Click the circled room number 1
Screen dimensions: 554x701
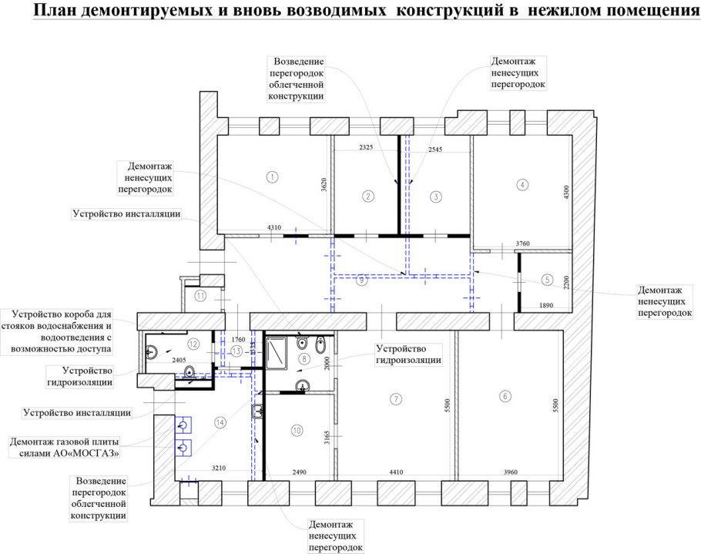(x=271, y=176)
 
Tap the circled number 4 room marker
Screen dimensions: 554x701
(x=522, y=184)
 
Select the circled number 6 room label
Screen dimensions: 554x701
(x=505, y=396)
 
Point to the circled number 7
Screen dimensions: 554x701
(x=396, y=398)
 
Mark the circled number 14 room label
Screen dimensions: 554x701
(x=221, y=421)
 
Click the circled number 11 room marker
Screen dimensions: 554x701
(x=200, y=295)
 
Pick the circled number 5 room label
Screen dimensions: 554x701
(x=546, y=279)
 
